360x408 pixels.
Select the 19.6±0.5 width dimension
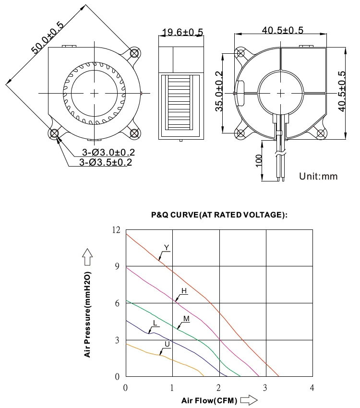coord(182,33)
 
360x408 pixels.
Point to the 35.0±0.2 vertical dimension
coord(219,91)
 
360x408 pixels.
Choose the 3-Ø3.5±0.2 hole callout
coord(106,162)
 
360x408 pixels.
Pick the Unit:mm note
coord(318,176)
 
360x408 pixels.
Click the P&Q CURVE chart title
coord(219,215)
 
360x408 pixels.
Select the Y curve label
coord(166,248)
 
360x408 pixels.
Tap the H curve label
coord(184,291)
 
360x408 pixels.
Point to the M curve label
coord(186,318)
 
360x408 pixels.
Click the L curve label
coord(154,323)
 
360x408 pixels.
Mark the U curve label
coord(167,344)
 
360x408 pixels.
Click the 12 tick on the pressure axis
coord(116,230)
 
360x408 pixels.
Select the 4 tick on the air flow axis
coord(312,387)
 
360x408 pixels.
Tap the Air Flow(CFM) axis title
coord(209,400)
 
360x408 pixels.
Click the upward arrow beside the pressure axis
coord(87,257)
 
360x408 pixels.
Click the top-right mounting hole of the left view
coord(134,53)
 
